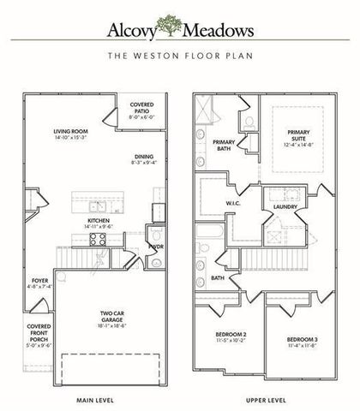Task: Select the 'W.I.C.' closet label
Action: (x=231, y=203)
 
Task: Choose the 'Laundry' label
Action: (x=285, y=206)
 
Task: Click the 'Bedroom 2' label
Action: (x=226, y=337)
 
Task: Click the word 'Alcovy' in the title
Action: (x=139, y=32)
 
